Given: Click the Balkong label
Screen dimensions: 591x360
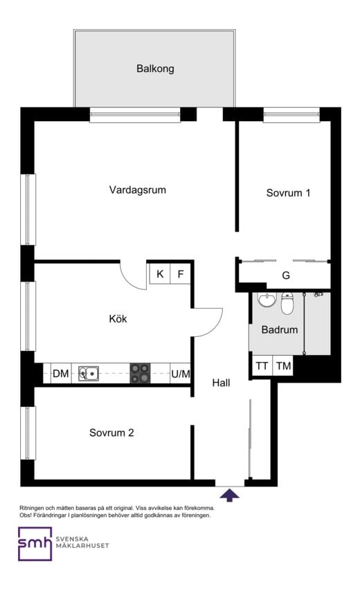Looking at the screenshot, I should tap(155, 69).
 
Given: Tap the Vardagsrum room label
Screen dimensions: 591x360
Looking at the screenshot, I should tap(138, 190).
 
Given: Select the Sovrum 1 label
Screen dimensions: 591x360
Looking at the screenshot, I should tap(288, 193).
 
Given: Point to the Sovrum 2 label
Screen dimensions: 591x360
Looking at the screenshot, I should tap(111, 433).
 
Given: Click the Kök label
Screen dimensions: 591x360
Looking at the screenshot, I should tap(118, 319).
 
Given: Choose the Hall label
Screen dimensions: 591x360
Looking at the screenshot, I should tap(221, 383).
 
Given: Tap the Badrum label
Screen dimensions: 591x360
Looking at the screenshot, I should tap(280, 329).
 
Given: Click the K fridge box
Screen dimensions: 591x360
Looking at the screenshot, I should tap(160, 274).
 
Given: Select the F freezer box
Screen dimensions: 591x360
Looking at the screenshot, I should tap(181, 274).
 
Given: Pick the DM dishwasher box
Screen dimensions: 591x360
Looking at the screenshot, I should tap(61, 374).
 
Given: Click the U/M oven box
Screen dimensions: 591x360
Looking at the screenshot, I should tap(181, 374).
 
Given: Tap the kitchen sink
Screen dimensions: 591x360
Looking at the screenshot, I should tap(89, 374).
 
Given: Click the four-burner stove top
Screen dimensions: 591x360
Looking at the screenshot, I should tap(140, 374).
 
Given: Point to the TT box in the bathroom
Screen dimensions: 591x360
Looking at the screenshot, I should tap(262, 366).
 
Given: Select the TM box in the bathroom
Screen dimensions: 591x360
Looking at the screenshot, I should tap(284, 366).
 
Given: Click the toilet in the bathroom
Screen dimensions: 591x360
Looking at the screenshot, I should tap(288, 303).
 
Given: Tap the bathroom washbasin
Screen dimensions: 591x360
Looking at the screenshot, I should tap(266, 300).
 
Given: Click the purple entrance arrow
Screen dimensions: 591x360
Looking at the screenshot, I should tap(230, 494).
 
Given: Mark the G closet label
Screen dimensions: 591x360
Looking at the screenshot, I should tap(286, 275).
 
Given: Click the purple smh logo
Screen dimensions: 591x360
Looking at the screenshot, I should tap(35, 544).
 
